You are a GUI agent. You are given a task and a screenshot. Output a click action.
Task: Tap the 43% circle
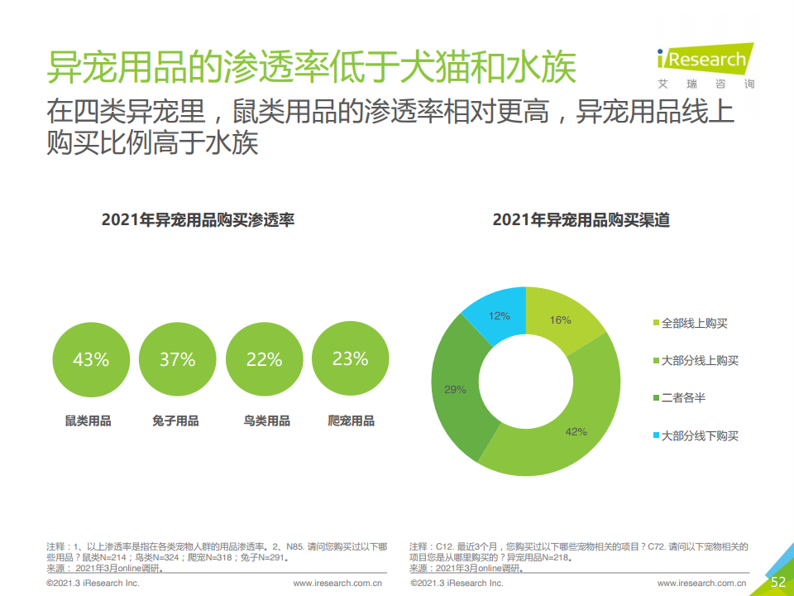coord(91,359)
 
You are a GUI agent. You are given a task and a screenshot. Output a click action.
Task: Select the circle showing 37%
coord(178,359)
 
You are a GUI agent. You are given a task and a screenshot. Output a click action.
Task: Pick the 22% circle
coord(265,359)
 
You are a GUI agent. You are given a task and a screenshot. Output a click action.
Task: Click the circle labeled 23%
coord(350,359)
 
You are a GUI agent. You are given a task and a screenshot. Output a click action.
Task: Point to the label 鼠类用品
coord(88,421)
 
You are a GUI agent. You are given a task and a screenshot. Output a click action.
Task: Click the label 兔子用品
coord(176,421)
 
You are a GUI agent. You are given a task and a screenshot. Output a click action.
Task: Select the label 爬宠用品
coord(352,421)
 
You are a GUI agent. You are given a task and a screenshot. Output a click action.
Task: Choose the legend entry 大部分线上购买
coord(698,360)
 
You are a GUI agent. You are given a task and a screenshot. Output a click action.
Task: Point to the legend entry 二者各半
coord(682,398)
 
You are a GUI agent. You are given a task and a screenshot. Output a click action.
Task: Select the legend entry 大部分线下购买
coord(698,435)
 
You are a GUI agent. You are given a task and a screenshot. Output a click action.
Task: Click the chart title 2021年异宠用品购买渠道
coord(581,220)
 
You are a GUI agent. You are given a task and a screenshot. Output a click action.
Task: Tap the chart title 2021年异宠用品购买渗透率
coord(198,220)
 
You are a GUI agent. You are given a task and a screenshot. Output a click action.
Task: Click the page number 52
coord(777,582)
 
